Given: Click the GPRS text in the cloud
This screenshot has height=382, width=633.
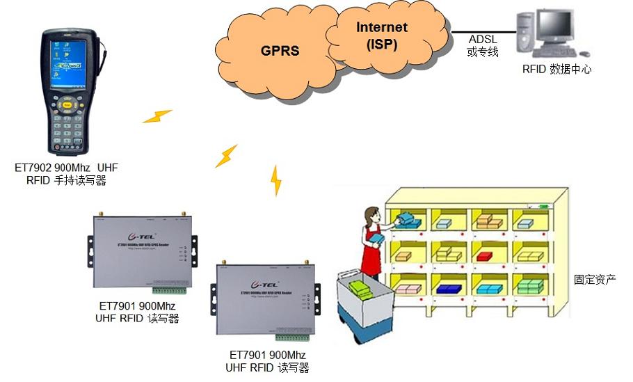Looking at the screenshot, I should (x=280, y=51).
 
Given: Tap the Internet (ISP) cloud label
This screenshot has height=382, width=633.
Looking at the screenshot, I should (x=382, y=35).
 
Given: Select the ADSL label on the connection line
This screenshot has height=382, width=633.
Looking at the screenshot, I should (x=483, y=40).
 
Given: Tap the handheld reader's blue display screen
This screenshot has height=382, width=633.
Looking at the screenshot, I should (x=67, y=59).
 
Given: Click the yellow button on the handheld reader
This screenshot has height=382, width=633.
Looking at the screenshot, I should (x=67, y=105).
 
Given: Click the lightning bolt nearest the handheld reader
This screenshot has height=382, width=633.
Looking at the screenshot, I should (x=157, y=116).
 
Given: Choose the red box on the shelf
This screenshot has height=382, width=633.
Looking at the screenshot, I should (x=485, y=255).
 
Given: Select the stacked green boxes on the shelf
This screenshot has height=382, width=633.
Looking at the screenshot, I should (x=530, y=285).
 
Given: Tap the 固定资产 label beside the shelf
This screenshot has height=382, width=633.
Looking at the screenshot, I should (x=595, y=279).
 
